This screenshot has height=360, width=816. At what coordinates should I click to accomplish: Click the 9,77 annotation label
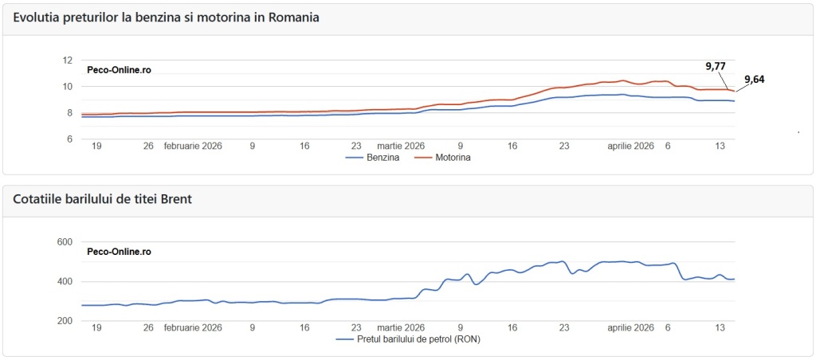(x=715, y=66)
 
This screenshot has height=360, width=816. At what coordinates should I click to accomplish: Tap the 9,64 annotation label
(x=754, y=79)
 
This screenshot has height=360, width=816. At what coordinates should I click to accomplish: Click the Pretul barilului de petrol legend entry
(x=407, y=338)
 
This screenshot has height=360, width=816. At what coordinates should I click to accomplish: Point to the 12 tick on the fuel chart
(x=67, y=61)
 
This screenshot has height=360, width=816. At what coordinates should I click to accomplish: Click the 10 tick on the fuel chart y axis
(x=67, y=87)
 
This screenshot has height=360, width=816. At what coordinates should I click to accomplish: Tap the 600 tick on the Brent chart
(x=65, y=242)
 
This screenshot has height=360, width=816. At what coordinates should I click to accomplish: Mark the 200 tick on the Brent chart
(x=65, y=321)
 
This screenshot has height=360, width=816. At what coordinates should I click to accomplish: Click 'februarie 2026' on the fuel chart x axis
(x=193, y=147)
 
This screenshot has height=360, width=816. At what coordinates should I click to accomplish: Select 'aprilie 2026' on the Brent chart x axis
(x=631, y=327)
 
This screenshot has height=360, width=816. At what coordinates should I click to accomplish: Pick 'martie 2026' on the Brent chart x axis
(x=401, y=327)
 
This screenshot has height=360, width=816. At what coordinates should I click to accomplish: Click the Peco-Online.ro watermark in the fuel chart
(x=119, y=70)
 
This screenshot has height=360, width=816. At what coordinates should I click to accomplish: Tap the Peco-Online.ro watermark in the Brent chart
(x=119, y=252)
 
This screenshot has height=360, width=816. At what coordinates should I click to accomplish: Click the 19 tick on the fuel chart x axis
(x=96, y=147)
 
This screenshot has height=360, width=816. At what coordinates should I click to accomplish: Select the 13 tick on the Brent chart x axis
(x=720, y=327)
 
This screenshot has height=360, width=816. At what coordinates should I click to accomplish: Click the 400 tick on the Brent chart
(x=65, y=282)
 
